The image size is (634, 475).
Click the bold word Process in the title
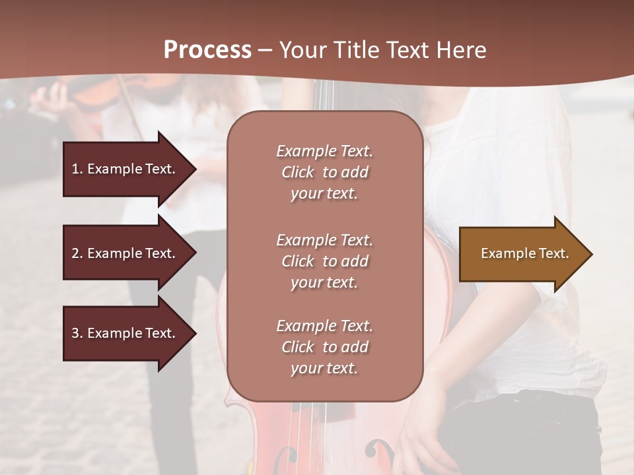pos(207,49)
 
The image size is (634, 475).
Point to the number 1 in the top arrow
pos(75,169)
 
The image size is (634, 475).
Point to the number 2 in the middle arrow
pos(75,253)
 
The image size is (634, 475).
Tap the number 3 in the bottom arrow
pos(75,333)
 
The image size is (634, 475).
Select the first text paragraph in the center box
pos(324,172)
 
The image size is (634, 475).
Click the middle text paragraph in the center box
pos(324,261)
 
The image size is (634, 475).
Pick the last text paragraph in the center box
pos(324,347)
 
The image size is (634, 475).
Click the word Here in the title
pos(462,50)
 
